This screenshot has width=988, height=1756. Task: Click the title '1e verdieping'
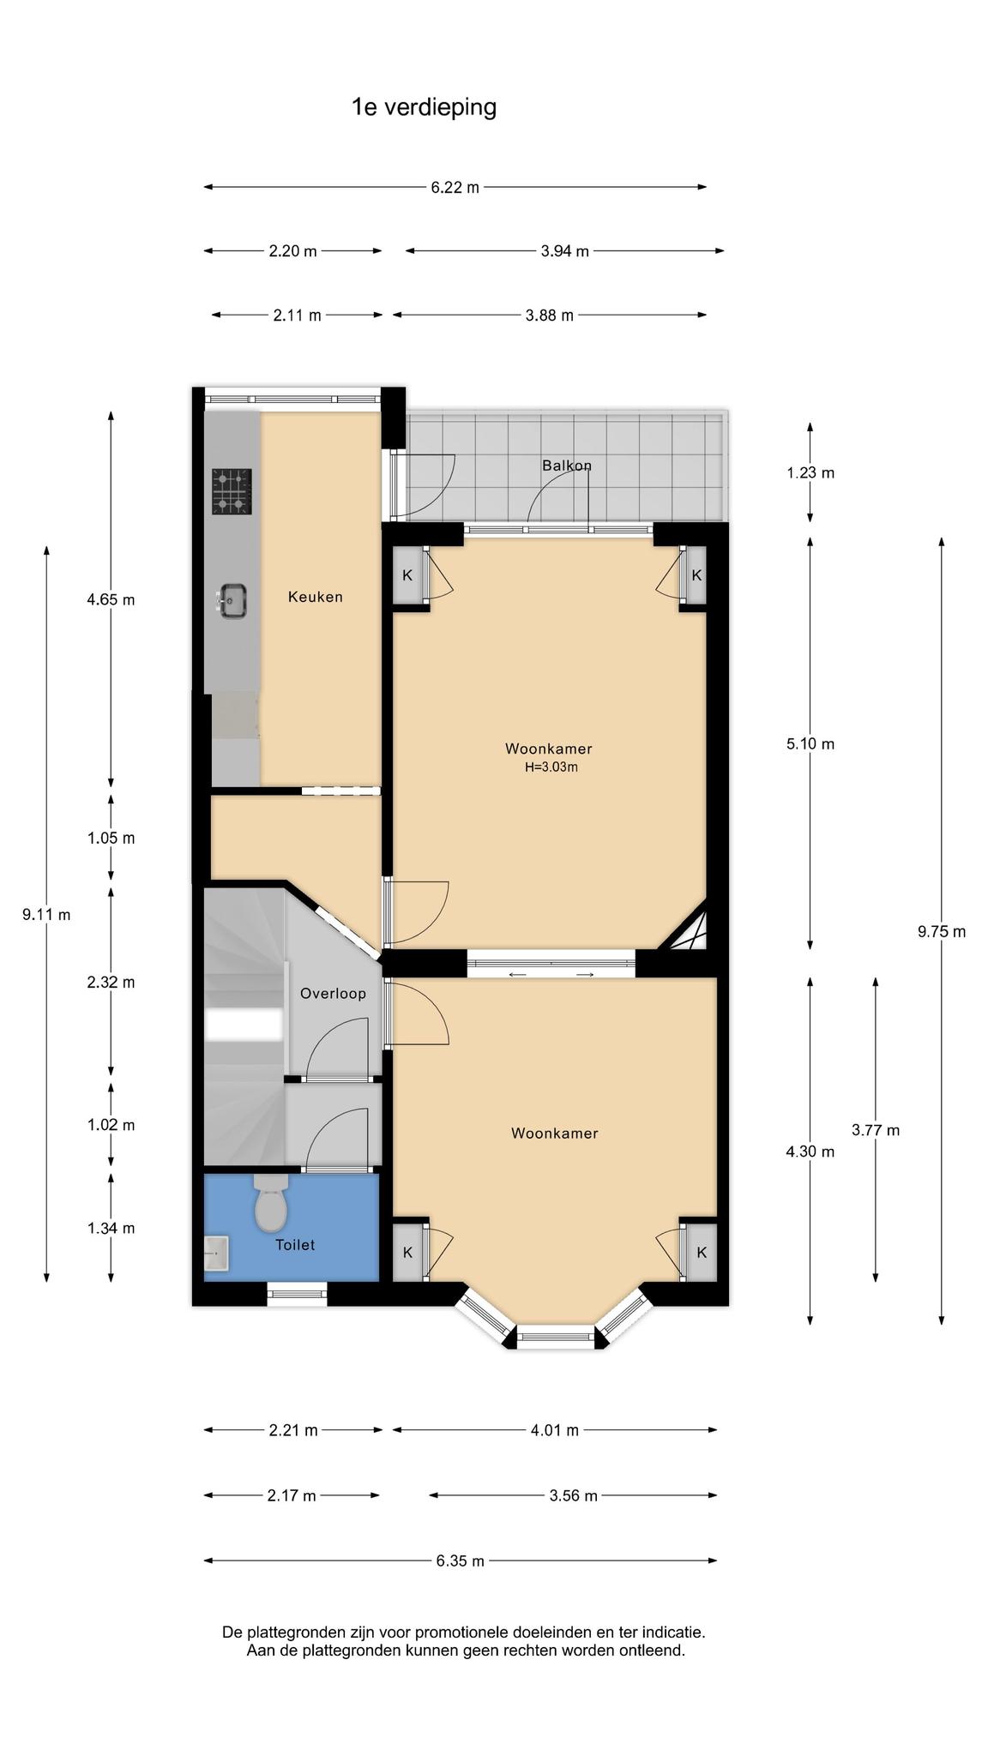(x=424, y=108)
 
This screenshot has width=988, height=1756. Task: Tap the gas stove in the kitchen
(x=232, y=491)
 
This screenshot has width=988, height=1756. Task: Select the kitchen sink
(x=232, y=600)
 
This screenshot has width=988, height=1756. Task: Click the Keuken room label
(x=315, y=597)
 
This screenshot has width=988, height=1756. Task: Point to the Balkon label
(x=567, y=466)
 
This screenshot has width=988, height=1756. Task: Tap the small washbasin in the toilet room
(x=216, y=1254)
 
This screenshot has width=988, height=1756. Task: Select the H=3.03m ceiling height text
(x=551, y=767)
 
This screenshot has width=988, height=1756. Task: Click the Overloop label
(x=333, y=994)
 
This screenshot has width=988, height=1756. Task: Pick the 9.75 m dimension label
(x=941, y=932)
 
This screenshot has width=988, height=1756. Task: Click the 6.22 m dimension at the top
(x=455, y=187)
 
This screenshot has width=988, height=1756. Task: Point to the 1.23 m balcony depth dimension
(x=810, y=472)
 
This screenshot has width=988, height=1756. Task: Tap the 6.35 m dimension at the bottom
(x=460, y=1561)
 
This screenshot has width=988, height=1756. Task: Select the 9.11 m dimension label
(x=46, y=915)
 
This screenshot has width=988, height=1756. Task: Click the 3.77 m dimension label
(x=876, y=1130)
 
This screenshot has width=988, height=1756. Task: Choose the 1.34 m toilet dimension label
(x=111, y=1228)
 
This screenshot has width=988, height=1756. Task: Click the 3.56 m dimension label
(x=573, y=1495)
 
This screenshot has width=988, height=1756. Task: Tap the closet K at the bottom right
(x=701, y=1253)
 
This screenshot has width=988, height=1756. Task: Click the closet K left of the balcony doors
(x=407, y=575)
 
